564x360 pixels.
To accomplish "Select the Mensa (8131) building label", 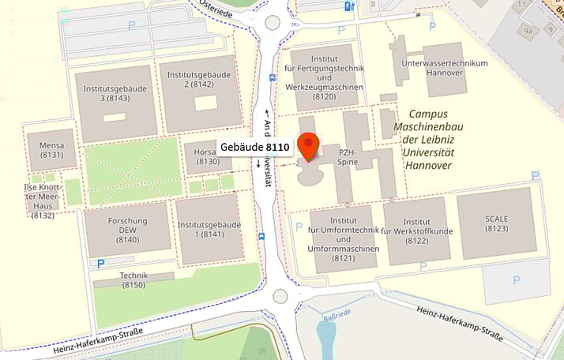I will point(51,150).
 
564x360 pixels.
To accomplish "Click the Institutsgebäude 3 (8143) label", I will point(115,94).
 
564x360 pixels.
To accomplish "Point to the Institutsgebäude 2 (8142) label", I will point(200,80).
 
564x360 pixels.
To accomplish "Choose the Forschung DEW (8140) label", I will point(128,229).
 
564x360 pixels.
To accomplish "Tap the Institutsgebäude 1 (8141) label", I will point(209,230).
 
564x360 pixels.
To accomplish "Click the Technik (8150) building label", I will point(133,279).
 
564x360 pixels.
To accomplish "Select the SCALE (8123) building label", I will point(497,223).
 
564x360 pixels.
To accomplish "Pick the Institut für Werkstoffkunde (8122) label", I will point(416,231).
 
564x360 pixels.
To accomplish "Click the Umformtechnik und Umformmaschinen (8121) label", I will point(344,239).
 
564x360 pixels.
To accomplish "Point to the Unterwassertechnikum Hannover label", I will point(445,68).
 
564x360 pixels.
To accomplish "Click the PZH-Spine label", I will point(348,156).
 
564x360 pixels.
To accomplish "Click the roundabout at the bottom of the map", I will point(280,296).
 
